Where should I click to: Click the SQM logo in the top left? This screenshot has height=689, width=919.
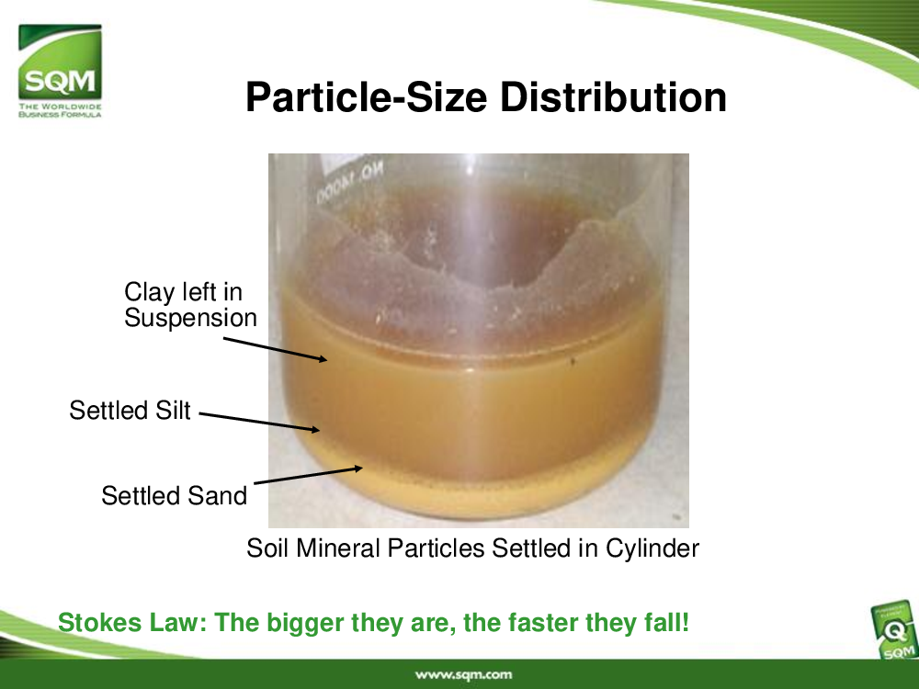pyautogui.click(x=60, y=71)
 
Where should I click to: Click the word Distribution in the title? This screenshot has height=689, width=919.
pyautogui.click(x=613, y=96)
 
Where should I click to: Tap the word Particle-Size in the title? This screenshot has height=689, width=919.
pyautogui.click(x=367, y=96)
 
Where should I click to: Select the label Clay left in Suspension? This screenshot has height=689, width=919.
pyautogui.click(x=190, y=305)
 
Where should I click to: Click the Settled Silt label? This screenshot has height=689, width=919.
pyautogui.click(x=130, y=410)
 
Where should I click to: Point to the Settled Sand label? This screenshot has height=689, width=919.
pyautogui.click(x=174, y=496)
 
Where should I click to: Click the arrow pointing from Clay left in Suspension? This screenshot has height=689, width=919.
pyautogui.click(x=275, y=349)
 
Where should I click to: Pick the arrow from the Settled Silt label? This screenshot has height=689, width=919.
pyautogui.click(x=259, y=423)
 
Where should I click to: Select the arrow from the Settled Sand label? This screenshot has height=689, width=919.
pyautogui.click(x=308, y=475)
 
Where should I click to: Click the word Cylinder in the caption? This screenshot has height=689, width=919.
pyautogui.click(x=652, y=548)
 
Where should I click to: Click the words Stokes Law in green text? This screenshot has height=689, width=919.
pyautogui.click(x=131, y=622)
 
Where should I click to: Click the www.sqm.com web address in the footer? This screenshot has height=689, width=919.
pyautogui.click(x=463, y=675)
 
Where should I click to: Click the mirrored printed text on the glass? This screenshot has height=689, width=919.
pyautogui.click(x=350, y=183)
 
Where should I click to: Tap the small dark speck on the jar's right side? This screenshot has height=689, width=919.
pyautogui.click(x=573, y=361)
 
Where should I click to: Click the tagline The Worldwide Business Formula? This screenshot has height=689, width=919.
pyautogui.click(x=60, y=110)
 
